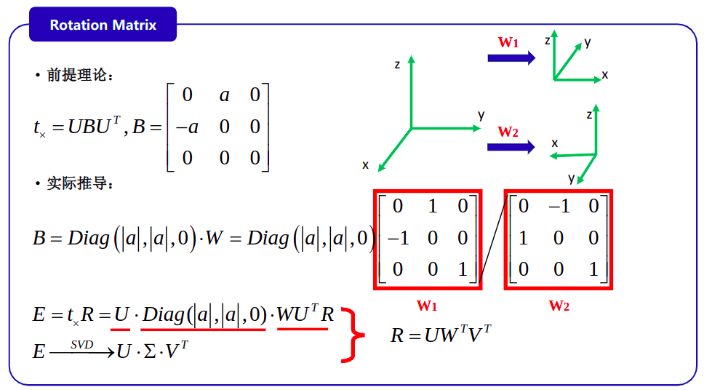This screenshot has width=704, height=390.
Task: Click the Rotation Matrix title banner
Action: click(x=103, y=24)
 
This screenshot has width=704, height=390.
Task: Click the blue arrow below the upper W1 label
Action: click(x=511, y=58)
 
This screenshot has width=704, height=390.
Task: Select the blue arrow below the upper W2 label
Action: click(x=511, y=147)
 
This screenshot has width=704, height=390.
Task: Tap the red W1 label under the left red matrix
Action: click(x=426, y=306)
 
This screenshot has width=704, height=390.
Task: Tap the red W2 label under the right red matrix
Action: click(x=559, y=306)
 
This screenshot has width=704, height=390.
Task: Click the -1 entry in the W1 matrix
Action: click(x=399, y=238)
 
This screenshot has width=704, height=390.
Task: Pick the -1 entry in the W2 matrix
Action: click(x=559, y=206)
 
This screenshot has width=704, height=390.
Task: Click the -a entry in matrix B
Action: click(x=187, y=127)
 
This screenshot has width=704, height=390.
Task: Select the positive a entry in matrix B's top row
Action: click(x=225, y=95)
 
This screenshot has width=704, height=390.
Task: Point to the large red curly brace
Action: click(x=353, y=335)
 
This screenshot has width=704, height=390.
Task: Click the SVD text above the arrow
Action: click(x=81, y=345)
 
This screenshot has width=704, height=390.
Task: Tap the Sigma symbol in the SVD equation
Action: click(x=150, y=351)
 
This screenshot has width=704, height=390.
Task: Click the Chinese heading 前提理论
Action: click(x=77, y=75)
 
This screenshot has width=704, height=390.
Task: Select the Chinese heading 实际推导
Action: click(x=77, y=183)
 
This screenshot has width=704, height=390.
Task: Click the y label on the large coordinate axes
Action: click(x=481, y=116)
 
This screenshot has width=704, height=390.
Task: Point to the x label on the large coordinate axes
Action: click(x=366, y=165)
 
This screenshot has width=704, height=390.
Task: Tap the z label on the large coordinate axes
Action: click(x=397, y=65)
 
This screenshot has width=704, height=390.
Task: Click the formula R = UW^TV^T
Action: click(x=441, y=335)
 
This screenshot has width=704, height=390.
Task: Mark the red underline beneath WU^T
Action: click(x=303, y=330)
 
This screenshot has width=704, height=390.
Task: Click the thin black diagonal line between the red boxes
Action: click(x=493, y=239)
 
